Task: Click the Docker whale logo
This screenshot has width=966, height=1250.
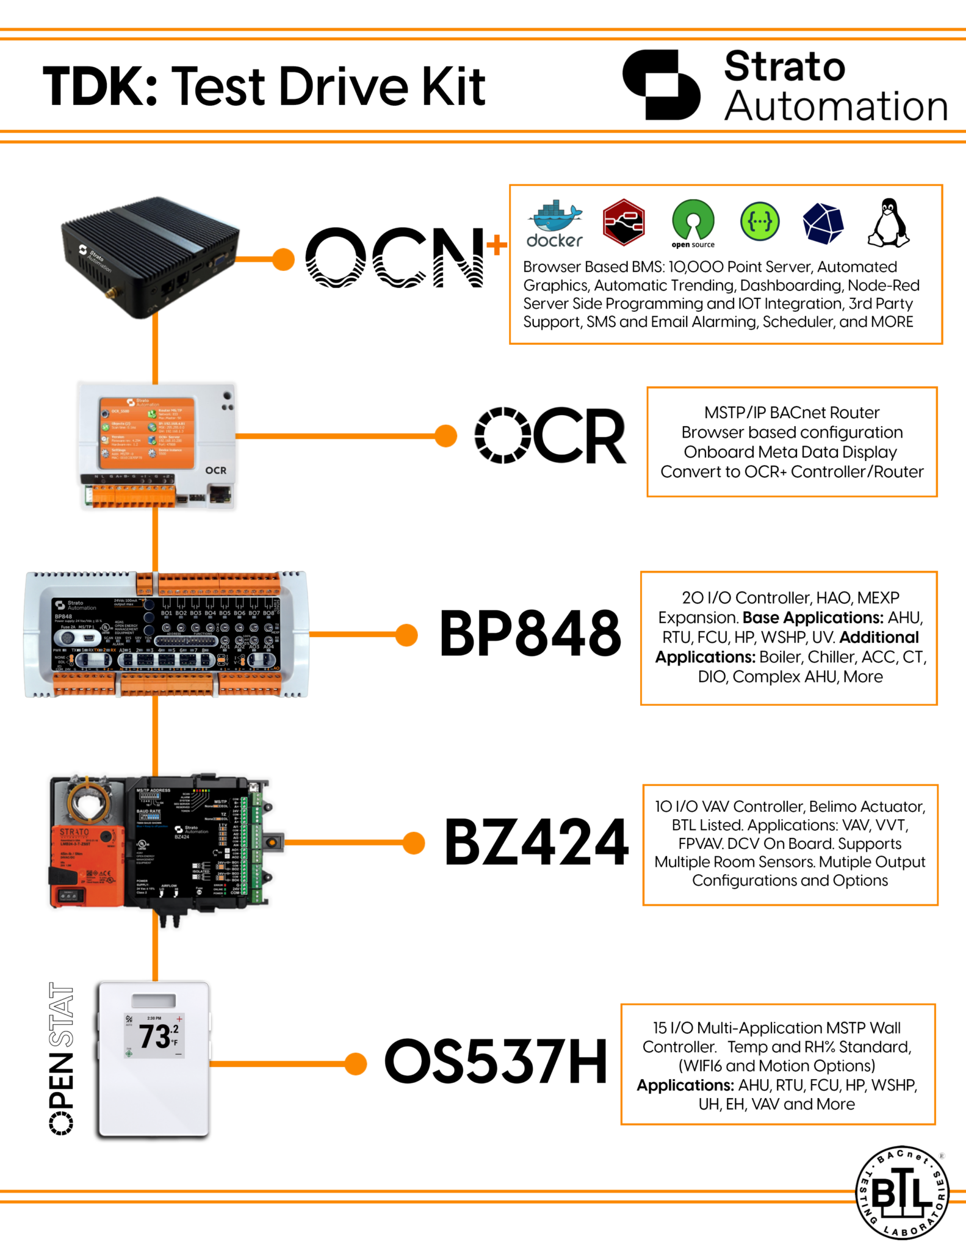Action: coord(554,223)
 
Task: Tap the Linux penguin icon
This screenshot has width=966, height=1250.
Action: coord(889,223)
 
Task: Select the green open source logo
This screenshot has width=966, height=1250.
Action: coord(693,222)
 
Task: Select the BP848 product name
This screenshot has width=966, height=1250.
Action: coord(530,634)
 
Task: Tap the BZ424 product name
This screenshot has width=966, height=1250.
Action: coord(536,843)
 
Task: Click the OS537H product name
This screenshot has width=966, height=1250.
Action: coord(496,1063)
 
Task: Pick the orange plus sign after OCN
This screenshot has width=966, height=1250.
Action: coord(497,245)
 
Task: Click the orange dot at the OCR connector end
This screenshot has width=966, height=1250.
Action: coord(446,436)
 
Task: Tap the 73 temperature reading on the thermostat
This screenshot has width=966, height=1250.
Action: coord(154,1036)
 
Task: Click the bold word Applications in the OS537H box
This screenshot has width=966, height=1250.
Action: coord(685,1085)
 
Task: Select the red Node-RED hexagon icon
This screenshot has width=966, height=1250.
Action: coord(623,223)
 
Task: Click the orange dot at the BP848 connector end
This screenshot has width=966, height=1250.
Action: coord(406,634)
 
